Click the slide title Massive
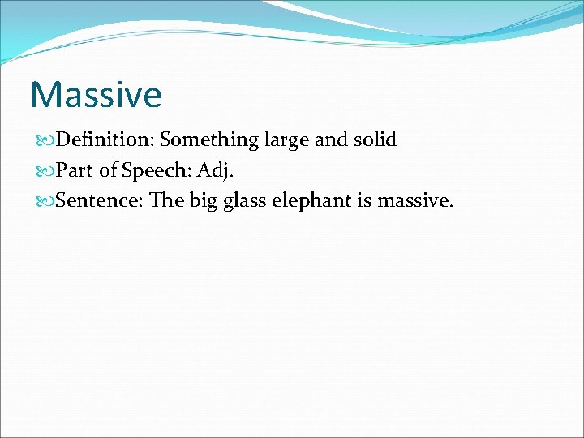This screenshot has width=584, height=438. point(96,94)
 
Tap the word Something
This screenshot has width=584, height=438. point(208,140)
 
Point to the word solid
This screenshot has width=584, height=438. point(374,140)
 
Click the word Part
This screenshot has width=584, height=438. point(74,170)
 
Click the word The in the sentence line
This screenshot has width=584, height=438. point(167,200)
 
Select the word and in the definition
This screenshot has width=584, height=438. point(330,140)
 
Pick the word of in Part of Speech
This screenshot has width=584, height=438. point(108,170)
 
